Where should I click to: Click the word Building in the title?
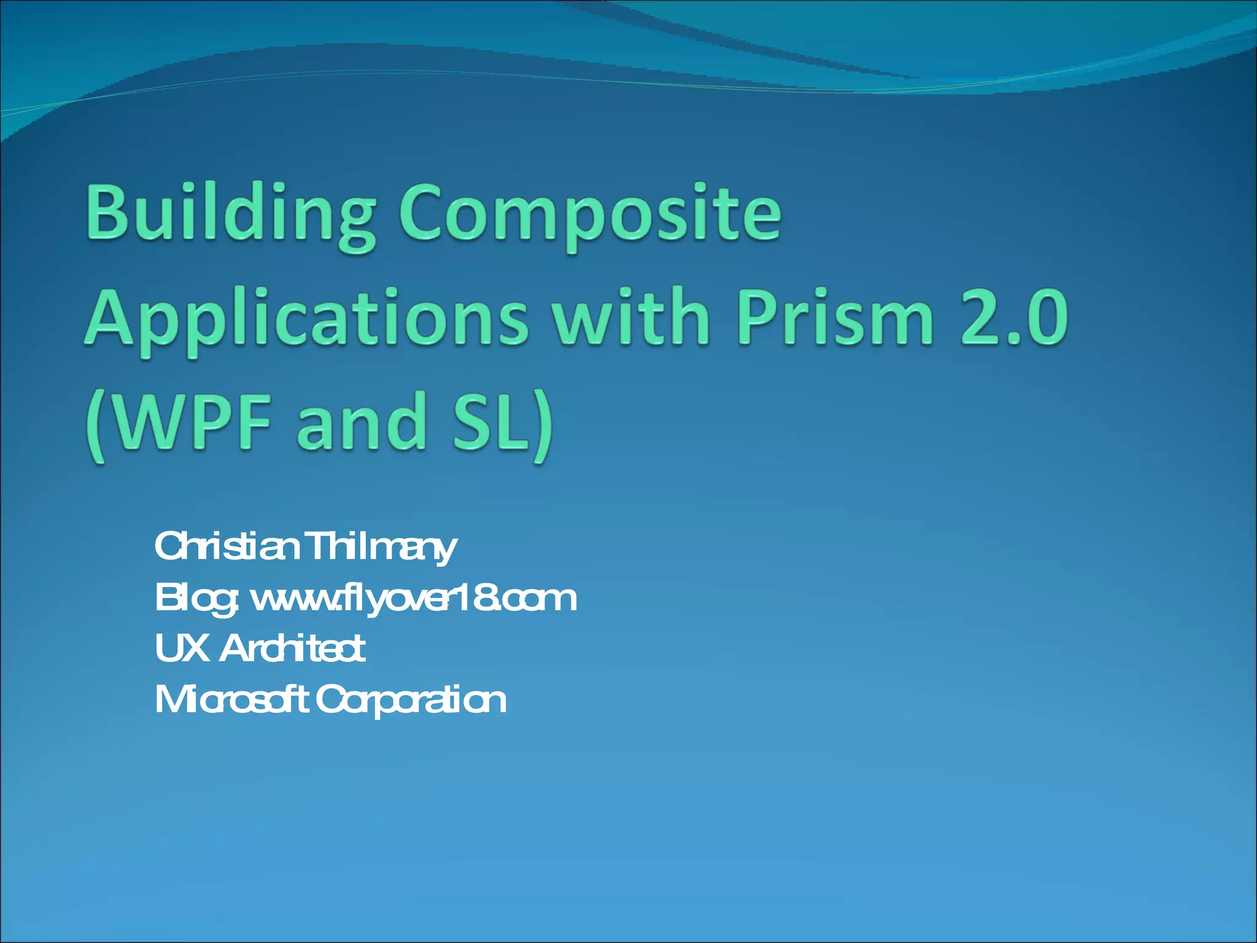coord(230,215)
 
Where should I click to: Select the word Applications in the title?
coord(305,319)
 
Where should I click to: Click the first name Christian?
coord(227,546)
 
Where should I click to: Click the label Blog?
coord(196,599)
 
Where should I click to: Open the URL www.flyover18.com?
coord(414,599)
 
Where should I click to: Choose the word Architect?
coord(292,648)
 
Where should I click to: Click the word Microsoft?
coord(231,700)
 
